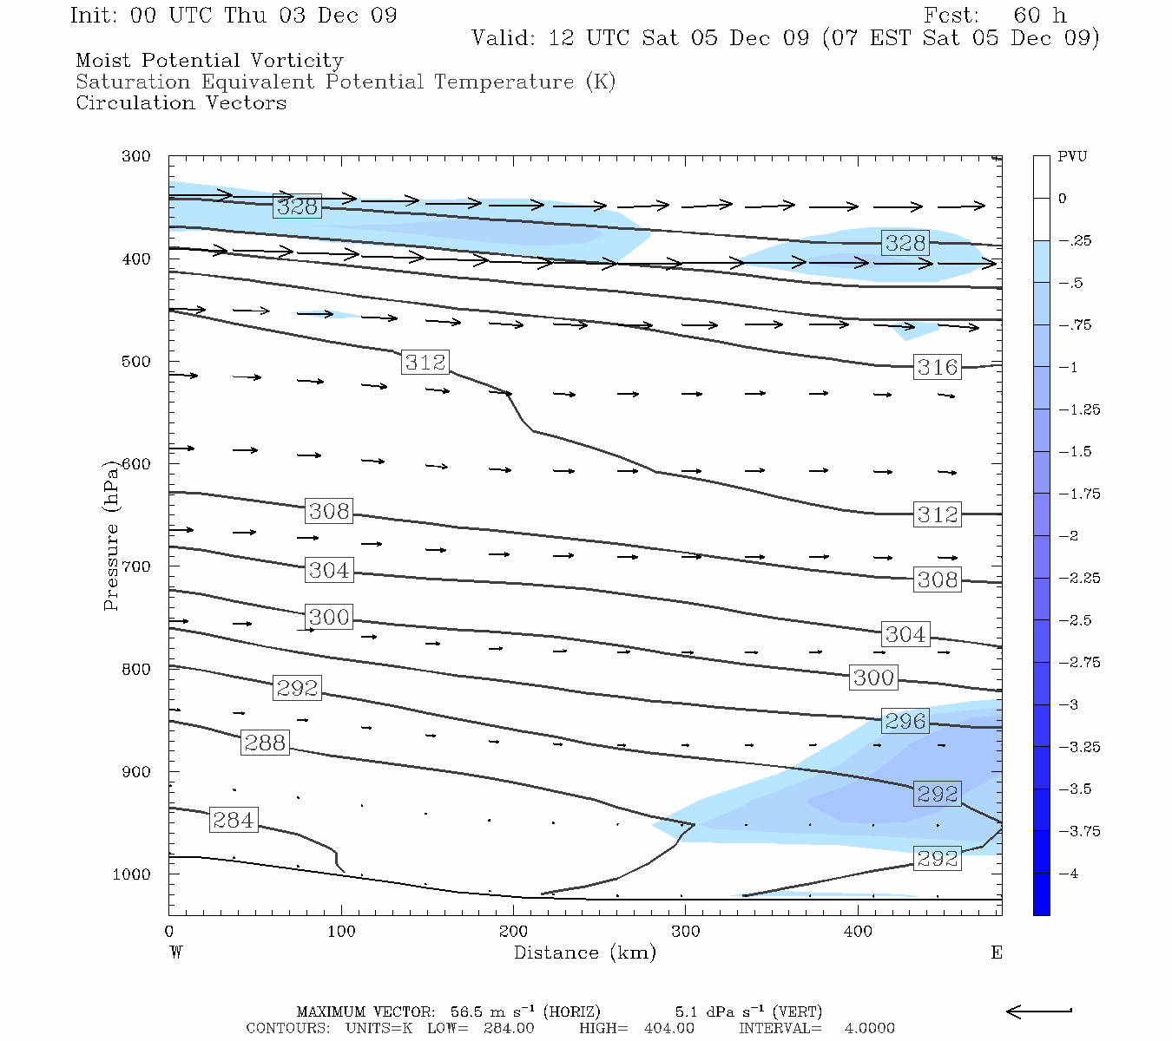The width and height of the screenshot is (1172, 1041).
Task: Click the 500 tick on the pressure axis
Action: tap(136, 362)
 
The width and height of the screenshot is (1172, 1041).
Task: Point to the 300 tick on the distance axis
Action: tap(686, 932)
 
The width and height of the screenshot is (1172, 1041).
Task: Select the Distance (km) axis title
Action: tap(584, 953)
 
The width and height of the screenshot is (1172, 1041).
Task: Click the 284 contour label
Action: tap(234, 820)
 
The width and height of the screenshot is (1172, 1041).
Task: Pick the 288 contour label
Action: tap(265, 743)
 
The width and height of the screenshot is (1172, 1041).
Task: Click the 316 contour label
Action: tap(938, 367)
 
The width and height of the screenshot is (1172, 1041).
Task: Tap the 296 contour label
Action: tap(905, 721)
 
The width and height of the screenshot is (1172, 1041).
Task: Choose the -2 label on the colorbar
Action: tap(1068, 536)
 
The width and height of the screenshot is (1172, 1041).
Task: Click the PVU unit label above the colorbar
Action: tap(1072, 157)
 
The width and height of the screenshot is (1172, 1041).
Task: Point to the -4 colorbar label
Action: tap(1068, 874)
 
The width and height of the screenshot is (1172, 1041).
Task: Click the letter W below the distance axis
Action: tap(175, 953)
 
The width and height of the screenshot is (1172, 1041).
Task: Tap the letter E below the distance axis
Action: tap(996, 953)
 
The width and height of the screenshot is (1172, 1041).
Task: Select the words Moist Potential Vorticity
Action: tap(209, 61)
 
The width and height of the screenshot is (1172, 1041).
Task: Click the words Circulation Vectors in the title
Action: tap(181, 102)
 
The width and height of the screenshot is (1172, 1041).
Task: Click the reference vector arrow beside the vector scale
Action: tap(1038, 1011)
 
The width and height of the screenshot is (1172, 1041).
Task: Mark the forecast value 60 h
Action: tap(1039, 16)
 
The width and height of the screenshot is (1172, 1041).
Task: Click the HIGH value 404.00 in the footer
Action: tap(668, 1028)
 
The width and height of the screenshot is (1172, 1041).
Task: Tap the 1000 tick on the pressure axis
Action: tap(131, 874)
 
